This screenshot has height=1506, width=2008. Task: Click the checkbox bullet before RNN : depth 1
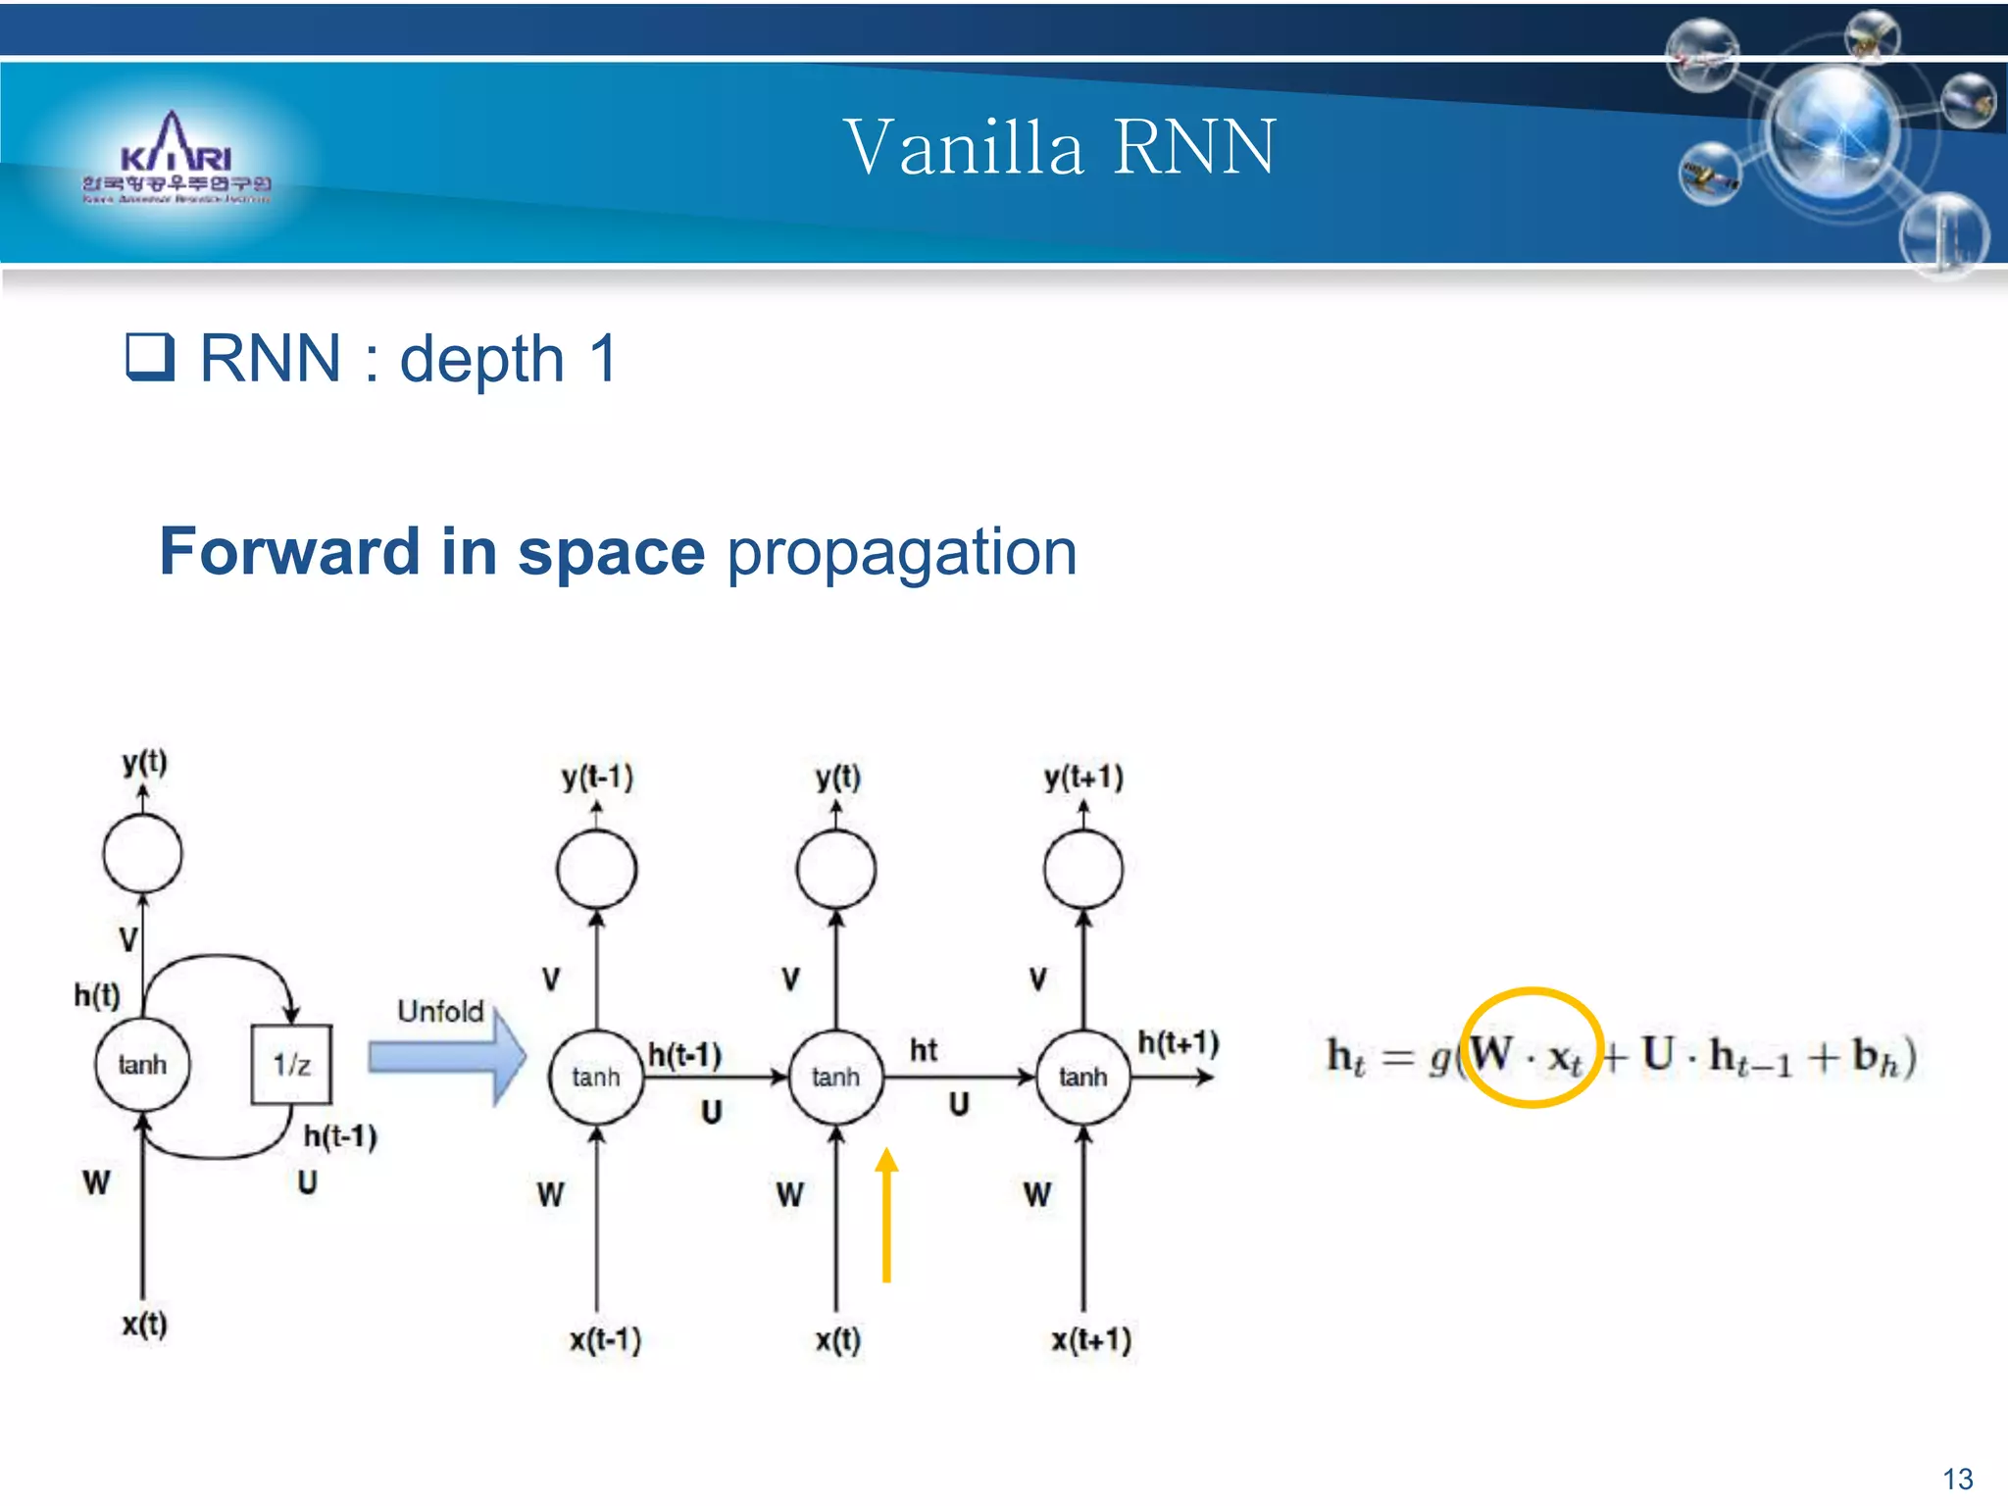150,357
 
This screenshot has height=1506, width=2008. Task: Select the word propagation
901,552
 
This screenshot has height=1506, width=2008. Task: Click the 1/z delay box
291,1065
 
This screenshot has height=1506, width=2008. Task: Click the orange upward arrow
886,1215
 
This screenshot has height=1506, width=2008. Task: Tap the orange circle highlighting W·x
1531,1047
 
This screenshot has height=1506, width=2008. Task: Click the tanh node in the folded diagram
142,1065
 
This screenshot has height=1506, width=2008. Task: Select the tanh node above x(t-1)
596,1077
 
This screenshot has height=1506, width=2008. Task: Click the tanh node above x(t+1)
1082,1077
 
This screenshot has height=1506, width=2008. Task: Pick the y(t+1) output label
1083,778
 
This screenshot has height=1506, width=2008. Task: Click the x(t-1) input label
605,1339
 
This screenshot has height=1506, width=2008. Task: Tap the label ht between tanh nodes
923,1050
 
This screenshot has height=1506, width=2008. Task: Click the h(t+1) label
1178,1042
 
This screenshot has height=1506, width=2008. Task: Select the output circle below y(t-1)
596,870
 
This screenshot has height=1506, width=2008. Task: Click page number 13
1957,1479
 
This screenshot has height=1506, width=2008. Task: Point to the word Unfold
440,1011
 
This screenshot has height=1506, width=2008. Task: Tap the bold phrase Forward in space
431,552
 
